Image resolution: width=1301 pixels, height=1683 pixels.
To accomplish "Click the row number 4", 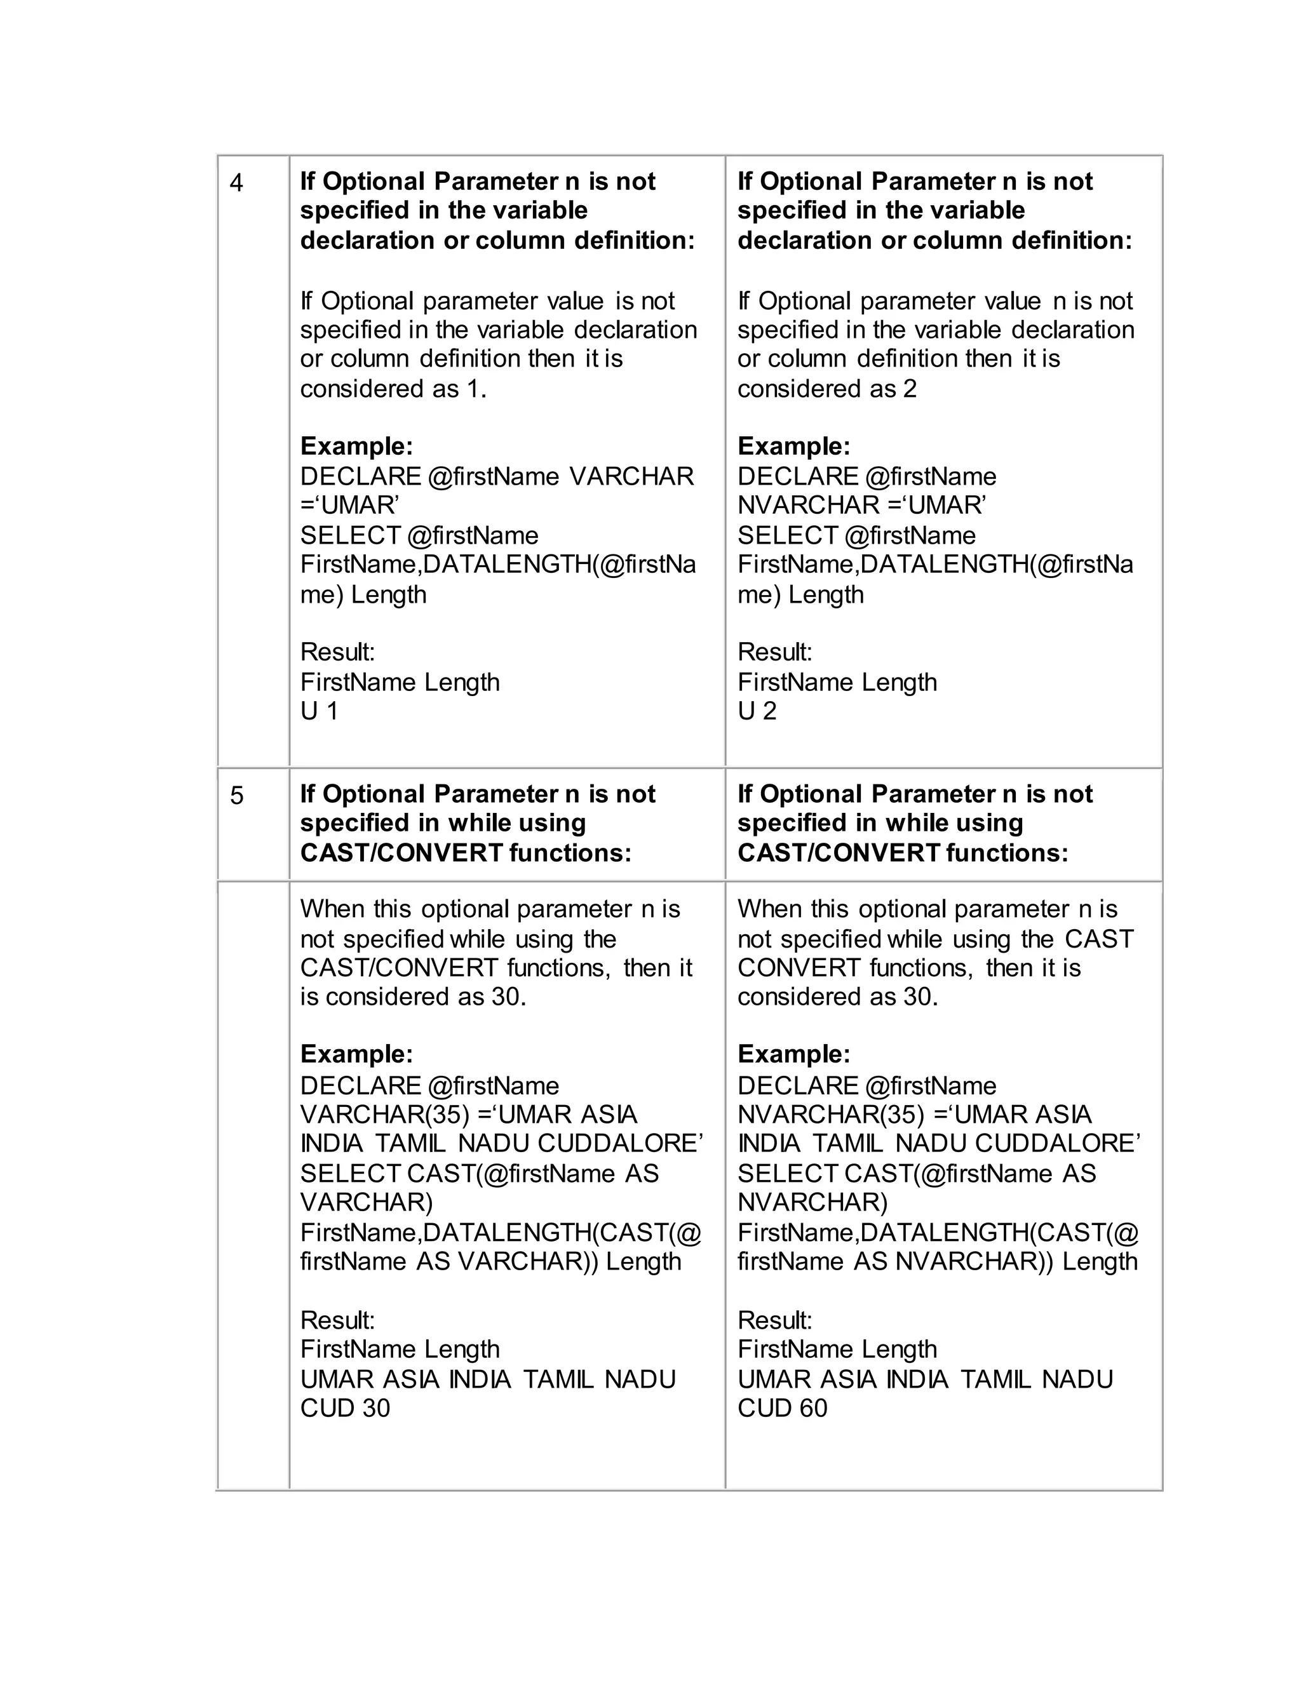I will (236, 184).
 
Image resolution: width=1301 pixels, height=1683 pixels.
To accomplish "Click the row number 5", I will (236, 796).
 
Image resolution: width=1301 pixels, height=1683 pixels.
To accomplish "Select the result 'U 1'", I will (319, 711).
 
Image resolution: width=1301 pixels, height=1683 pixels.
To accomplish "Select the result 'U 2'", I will (757, 711).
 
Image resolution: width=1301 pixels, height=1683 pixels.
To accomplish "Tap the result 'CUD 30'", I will (346, 1409).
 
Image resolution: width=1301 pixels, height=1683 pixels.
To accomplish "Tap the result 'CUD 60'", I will (782, 1409).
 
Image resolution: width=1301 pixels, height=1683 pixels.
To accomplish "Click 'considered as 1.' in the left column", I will (393, 389).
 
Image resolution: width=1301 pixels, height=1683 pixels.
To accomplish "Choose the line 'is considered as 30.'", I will (413, 997).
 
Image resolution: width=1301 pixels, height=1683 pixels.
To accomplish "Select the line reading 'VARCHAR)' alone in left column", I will (367, 1203).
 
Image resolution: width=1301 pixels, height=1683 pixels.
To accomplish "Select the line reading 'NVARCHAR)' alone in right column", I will (813, 1203).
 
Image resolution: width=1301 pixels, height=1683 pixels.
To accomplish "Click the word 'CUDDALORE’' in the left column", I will (621, 1144).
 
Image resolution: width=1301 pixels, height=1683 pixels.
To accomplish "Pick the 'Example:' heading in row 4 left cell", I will (357, 446).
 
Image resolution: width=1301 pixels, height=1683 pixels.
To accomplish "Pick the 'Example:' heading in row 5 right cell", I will (794, 1054).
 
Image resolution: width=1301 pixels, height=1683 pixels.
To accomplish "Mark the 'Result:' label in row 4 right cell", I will (774, 653).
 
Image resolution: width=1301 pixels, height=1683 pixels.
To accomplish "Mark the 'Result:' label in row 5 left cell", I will (337, 1321).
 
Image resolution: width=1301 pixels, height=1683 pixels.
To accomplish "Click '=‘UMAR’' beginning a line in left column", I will (349, 506).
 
